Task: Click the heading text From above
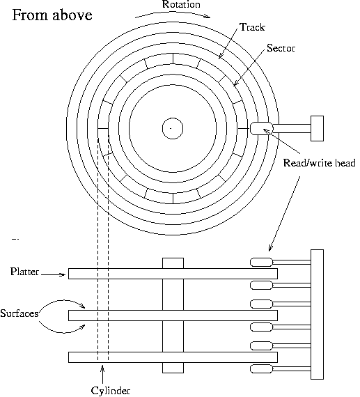click(x=52, y=15)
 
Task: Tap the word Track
click(x=251, y=27)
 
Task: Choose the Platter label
click(x=25, y=270)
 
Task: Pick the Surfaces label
click(x=19, y=313)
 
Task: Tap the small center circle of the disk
click(x=171, y=128)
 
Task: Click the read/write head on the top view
click(x=260, y=128)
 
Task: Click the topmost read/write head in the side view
click(x=261, y=262)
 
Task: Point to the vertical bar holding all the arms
click(x=317, y=314)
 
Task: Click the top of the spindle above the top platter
click(x=173, y=263)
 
